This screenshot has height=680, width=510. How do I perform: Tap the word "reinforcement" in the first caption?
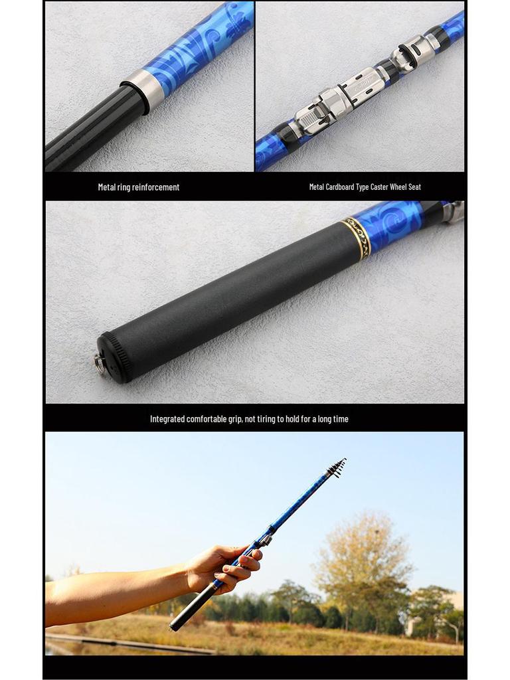(157, 187)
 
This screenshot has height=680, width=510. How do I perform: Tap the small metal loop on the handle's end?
(100, 363)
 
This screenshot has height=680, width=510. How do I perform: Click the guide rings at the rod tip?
(337, 468)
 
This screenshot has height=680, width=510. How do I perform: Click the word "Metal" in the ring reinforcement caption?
(107, 187)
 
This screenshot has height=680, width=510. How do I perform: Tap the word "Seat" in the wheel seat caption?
(414, 187)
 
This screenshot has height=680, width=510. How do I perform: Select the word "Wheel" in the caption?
(401, 187)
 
